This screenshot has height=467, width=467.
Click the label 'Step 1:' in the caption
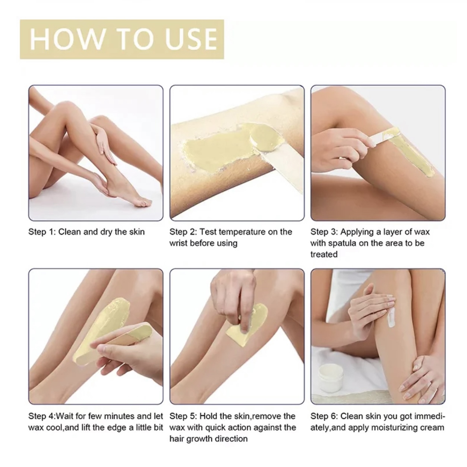(42, 232)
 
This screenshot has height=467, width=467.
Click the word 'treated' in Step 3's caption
(324, 255)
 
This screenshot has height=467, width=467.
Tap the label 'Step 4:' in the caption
(42, 416)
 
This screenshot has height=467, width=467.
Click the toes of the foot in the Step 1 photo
(145, 203)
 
